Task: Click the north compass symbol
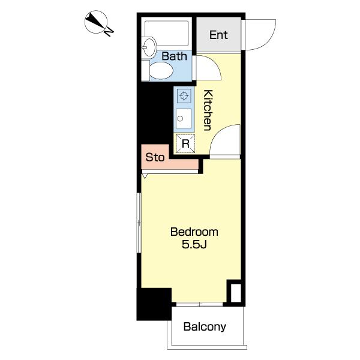(x=96, y=22)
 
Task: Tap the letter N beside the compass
(x=109, y=32)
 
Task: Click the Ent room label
(x=218, y=35)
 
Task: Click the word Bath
(x=174, y=56)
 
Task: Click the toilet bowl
(x=161, y=71)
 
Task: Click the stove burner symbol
(x=184, y=96)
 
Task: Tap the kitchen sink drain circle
(x=180, y=119)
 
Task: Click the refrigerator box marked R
(x=185, y=144)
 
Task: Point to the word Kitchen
(x=208, y=110)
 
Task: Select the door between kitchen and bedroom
(x=225, y=140)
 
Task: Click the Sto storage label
(x=155, y=157)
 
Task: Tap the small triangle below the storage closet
(x=145, y=176)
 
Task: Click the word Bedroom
(x=194, y=232)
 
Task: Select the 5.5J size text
(x=194, y=244)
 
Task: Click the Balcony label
(x=205, y=327)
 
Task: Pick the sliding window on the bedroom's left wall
(x=139, y=223)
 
